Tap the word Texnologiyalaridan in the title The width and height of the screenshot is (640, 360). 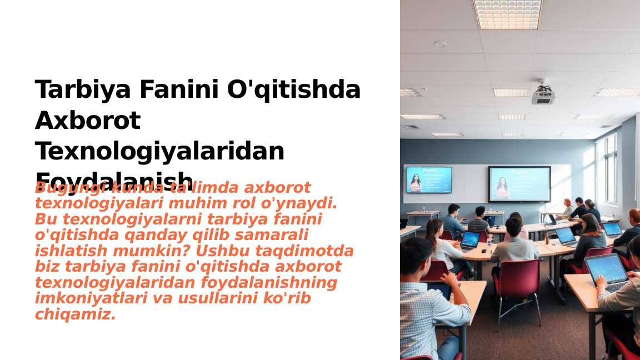tap(159, 151)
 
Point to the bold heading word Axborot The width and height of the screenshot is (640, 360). tap(88, 121)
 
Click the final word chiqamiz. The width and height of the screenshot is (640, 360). tap(75, 315)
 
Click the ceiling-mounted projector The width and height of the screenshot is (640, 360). tap(543, 95)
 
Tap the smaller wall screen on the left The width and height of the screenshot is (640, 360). tap(428, 180)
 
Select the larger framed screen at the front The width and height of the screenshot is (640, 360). tap(519, 184)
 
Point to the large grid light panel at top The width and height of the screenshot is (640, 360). tap(507, 14)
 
